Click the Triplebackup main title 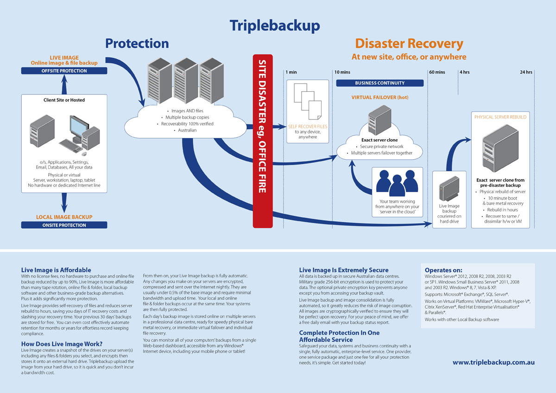pyautogui.click(x=275, y=25)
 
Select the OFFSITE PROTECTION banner pyautogui.click(x=64, y=71)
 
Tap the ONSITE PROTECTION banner pyautogui.click(x=64, y=225)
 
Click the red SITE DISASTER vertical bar pyautogui.click(x=262, y=141)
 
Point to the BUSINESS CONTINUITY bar pyautogui.click(x=379, y=83)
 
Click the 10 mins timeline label pyautogui.click(x=342, y=72)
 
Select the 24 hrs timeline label pyautogui.click(x=525, y=72)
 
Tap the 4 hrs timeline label pyautogui.click(x=464, y=72)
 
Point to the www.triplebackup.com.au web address pyautogui.click(x=493, y=362)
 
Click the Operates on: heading pyautogui.click(x=443, y=270)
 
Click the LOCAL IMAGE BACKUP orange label pyautogui.click(x=64, y=217)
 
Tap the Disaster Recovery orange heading pyautogui.click(x=409, y=44)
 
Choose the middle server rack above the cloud pyautogui.click(x=185, y=81)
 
